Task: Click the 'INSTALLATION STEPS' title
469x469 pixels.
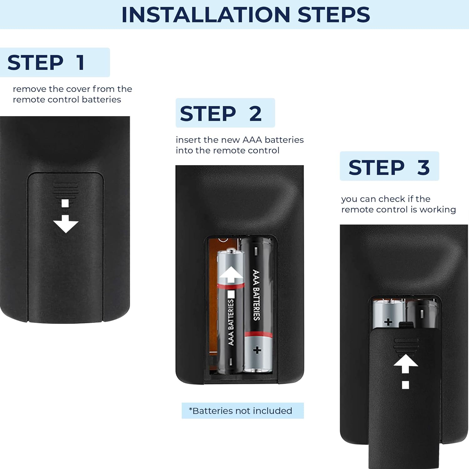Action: pyautogui.click(x=245, y=15)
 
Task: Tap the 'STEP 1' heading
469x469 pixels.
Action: pyautogui.click(x=46, y=63)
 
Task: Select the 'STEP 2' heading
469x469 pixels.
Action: pyautogui.click(x=221, y=113)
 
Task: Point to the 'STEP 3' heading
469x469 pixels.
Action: pyautogui.click(x=389, y=167)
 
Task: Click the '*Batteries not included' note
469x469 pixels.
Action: pyautogui.click(x=240, y=411)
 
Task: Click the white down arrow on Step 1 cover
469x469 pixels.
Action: pyautogui.click(x=66, y=224)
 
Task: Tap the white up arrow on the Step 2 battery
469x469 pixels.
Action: pyautogui.click(x=231, y=274)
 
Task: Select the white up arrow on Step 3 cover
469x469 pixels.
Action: pyautogui.click(x=406, y=364)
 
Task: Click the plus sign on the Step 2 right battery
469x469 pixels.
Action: pyautogui.click(x=257, y=350)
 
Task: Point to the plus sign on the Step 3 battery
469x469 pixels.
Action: pyautogui.click(x=388, y=322)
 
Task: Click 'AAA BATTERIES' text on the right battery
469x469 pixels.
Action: pyautogui.click(x=256, y=295)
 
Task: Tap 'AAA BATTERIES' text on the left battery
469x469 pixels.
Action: pyautogui.click(x=231, y=322)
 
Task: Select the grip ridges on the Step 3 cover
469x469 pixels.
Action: pyautogui.click(x=406, y=345)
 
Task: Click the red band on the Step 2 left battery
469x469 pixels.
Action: pyautogui.click(x=231, y=285)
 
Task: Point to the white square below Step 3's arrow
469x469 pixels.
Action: pyautogui.click(x=406, y=385)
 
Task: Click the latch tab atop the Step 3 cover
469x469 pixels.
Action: pyautogui.click(x=406, y=325)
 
